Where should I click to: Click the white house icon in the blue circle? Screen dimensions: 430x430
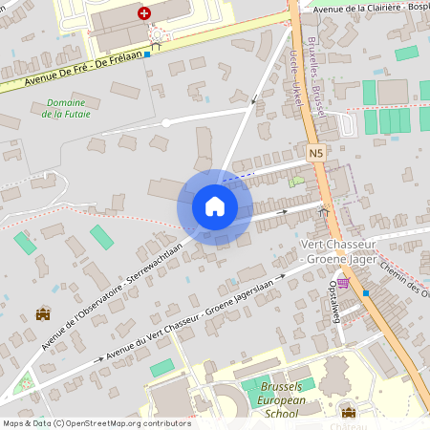click(214, 206)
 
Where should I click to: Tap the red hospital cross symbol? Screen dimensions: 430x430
click(143, 12)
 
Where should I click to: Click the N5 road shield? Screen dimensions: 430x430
click(316, 152)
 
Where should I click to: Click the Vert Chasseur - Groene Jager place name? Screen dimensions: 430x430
click(340, 250)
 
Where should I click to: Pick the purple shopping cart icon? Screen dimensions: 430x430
click(342, 282)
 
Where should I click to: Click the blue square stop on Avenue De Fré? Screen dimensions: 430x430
click(147, 54)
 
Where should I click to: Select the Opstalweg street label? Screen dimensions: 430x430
click(334, 302)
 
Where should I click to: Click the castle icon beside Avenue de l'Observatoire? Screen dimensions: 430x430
click(42, 313)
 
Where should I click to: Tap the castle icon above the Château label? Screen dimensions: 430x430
click(348, 412)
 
